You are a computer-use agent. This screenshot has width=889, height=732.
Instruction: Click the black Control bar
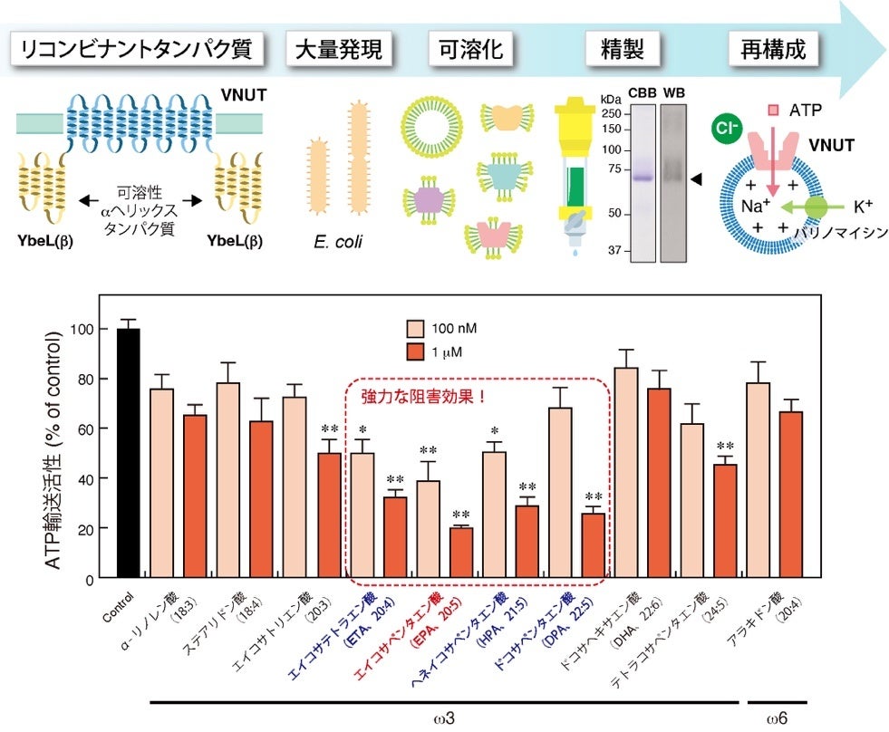coord(128,453)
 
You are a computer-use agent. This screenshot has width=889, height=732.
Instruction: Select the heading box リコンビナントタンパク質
coord(137,49)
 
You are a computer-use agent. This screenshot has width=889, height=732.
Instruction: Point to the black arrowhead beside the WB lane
coord(696,182)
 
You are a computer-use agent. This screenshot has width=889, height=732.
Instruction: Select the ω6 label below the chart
coord(776,718)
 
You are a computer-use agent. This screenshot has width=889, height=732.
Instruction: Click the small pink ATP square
coord(773,111)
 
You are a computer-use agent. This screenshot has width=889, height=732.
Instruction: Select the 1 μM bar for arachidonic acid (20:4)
coord(791,495)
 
